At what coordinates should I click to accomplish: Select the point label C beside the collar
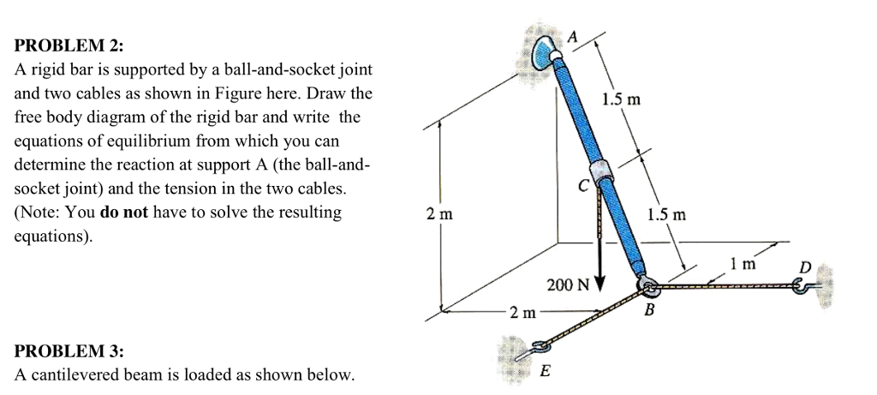[x=582, y=183]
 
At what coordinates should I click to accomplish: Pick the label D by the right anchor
[x=803, y=268]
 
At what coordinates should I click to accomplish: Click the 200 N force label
[x=564, y=284]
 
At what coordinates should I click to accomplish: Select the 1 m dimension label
[x=743, y=264]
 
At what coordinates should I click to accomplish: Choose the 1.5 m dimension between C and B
[x=665, y=214]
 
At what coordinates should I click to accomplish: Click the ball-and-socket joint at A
[x=546, y=53]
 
